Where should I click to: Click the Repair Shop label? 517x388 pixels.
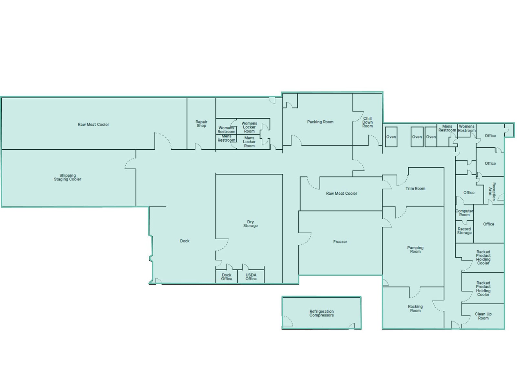pos(201,124)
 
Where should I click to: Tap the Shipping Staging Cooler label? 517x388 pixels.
pos(68,177)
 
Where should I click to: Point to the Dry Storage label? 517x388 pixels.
pos(250,223)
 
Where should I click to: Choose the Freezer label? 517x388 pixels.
pos(340,242)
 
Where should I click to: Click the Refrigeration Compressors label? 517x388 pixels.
pos(322,313)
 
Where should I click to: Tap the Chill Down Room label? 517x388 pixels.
pos(367,122)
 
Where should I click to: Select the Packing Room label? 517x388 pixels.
pos(320,122)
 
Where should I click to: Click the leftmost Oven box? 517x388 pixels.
pos(391,137)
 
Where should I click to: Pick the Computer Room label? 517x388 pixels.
pos(464,213)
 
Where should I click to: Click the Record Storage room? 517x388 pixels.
pos(464,232)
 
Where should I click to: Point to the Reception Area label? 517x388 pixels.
pos(492,191)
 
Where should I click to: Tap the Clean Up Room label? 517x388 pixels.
pos(483,316)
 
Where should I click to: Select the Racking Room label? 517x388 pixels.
pos(415,308)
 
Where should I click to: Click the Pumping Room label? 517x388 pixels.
pos(415,250)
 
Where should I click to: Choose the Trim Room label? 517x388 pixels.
pos(415,189)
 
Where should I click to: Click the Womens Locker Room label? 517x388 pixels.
pos(249,127)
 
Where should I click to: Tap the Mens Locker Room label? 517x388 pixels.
pos(249,142)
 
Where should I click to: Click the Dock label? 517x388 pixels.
pos(185,241)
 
